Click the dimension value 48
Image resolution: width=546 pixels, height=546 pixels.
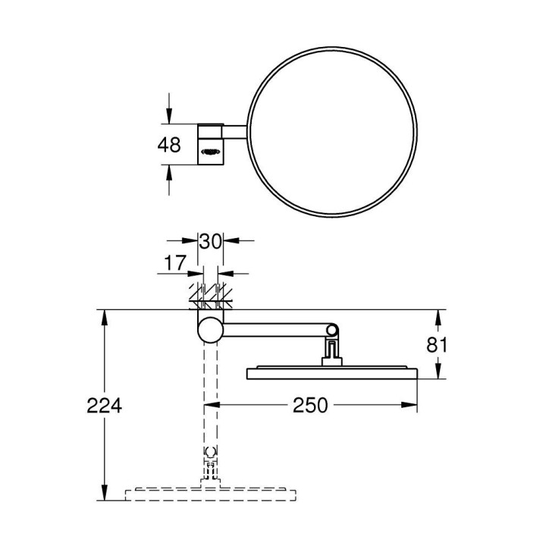click(171, 145)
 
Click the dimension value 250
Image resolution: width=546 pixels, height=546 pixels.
click(311, 406)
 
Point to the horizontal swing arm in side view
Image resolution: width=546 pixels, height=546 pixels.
click(273, 329)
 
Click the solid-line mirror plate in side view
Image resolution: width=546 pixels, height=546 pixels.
click(331, 372)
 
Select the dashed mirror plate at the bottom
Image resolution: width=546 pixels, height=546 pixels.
click(210, 494)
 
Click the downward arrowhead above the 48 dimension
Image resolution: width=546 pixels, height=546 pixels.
click(168, 117)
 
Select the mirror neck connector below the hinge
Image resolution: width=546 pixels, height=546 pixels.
click(331, 352)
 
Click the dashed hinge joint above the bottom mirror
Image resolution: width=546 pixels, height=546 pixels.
click(210, 457)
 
